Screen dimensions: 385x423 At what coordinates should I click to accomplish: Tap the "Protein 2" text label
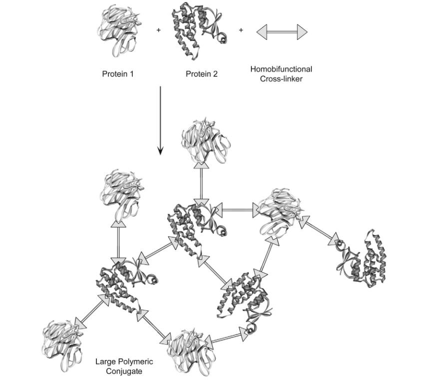[202, 74]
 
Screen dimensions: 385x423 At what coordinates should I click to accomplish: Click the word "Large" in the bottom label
[105, 361]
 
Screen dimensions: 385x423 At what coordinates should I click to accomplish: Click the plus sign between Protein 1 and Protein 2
[159, 30]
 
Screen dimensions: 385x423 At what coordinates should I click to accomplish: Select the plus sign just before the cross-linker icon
[241, 30]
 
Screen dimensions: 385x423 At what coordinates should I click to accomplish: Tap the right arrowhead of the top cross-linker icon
[301, 32]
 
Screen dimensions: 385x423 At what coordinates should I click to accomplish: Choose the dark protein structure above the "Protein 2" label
[197, 30]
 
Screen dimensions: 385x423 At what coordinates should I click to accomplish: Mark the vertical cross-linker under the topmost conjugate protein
[201, 182]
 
